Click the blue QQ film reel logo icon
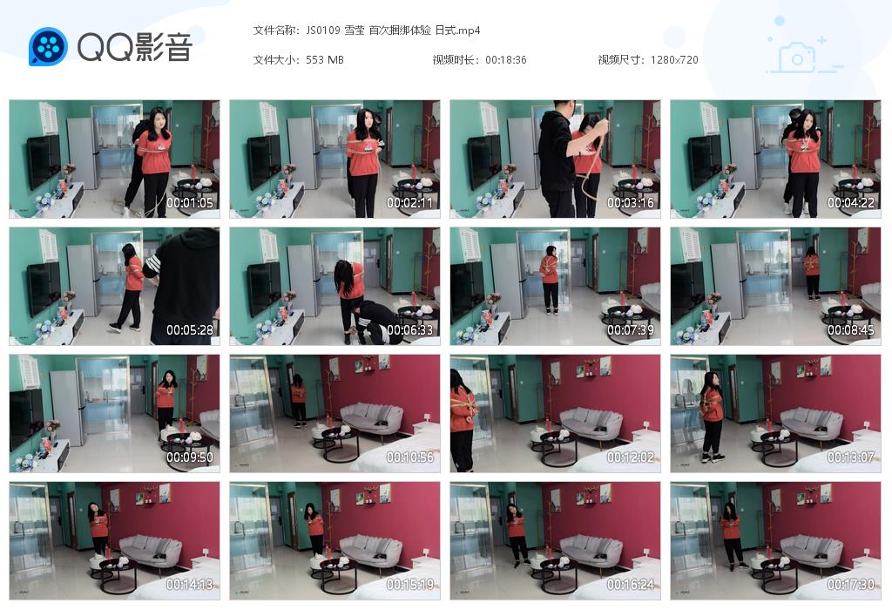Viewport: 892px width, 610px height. [x=48, y=47]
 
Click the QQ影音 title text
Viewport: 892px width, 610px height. [x=135, y=47]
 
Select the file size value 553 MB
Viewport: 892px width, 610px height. [x=325, y=60]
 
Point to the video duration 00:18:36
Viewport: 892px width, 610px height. [x=506, y=60]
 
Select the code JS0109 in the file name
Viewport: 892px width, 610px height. [x=323, y=30]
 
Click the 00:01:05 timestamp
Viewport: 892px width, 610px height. [x=189, y=202]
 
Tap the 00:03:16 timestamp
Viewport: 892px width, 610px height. [x=631, y=202]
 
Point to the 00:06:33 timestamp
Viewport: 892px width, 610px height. [x=409, y=330]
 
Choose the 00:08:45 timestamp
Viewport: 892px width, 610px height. [x=850, y=330]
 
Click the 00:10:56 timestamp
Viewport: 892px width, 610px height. [x=409, y=457]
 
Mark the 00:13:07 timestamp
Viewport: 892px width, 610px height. [x=850, y=457]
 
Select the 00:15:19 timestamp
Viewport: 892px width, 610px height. [x=409, y=585]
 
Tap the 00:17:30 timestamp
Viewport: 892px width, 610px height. [x=850, y=585]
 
